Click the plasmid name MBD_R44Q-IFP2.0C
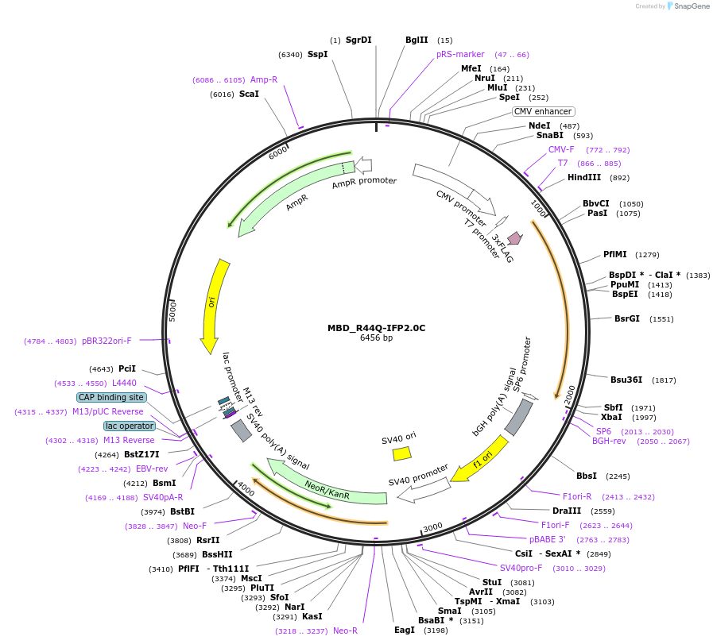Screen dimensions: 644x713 coord(376,328)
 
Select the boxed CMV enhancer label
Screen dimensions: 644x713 coord(543,112)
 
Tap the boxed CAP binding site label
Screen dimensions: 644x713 coord(111,397)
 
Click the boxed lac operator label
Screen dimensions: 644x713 coord(129,426)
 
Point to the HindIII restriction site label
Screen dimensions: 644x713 coord(584,178)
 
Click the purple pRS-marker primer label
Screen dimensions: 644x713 coord(460,55)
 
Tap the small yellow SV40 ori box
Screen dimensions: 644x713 coord(402,453)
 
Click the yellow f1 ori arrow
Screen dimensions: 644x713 coord(481,459)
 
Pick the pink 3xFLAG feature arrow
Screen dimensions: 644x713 coord(515,237)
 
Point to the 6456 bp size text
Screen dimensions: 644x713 coord(376,338)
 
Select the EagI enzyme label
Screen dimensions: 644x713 coord(405,630)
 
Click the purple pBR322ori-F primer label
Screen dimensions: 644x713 coord(107,341)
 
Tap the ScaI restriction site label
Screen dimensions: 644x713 coord(249,94)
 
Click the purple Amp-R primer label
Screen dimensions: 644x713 coord(264,79)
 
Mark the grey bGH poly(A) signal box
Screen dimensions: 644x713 coord(518,418)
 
